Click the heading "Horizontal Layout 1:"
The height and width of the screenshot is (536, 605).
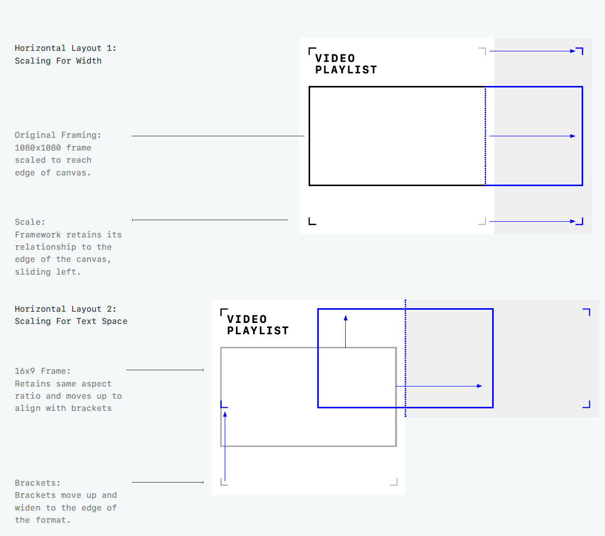coord(65,48)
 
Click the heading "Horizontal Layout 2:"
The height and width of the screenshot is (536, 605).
coord(65,309)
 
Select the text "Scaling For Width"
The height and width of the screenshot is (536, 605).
coord(58,61)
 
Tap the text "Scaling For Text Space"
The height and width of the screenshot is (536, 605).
coord(71,321)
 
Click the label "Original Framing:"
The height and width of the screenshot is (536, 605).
coord(57,135)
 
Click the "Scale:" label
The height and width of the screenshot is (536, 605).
coord(29,222)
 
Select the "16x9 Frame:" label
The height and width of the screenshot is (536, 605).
coord(42,371)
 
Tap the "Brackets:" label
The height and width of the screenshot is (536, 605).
coord(37,483)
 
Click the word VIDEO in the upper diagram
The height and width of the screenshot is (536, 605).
coord(335,58)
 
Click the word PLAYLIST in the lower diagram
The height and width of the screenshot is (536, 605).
coord(258,331)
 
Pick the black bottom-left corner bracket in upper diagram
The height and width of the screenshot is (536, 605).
coord(312,221)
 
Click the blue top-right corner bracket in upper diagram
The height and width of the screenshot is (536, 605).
coord(580,50)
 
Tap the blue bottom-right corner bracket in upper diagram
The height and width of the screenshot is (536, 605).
coord(580,222)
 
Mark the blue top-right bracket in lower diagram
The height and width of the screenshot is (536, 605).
coord(587,311)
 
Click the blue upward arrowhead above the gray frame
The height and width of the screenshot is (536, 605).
coord(346,318)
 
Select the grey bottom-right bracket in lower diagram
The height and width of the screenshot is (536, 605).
coord(395,482)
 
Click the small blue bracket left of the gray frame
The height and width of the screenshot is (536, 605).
coord(223,405)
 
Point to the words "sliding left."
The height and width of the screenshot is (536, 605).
coord(47,272)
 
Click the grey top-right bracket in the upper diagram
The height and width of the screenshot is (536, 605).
coord(483,50)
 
